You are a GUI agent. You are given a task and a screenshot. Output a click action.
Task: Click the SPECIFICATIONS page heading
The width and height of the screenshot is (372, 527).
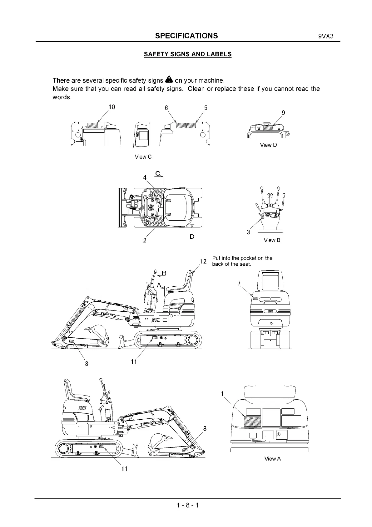point(186,35)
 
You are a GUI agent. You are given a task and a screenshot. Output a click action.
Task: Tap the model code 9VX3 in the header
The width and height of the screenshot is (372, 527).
point(326,36)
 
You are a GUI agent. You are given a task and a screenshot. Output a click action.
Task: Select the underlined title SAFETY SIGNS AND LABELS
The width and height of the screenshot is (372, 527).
point(187,54)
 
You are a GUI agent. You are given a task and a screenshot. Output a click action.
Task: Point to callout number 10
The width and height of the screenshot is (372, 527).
point(112,107)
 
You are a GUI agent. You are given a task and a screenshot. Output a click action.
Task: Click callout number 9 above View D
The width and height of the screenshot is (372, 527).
point(283,113)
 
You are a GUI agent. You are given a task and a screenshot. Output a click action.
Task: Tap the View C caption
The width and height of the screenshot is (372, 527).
point(143,157)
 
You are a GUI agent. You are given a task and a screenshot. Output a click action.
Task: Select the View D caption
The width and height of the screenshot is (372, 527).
point(268,145)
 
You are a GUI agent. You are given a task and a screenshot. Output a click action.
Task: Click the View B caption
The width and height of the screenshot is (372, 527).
point(272,240)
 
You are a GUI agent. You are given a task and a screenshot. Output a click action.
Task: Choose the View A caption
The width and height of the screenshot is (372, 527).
point(272,459)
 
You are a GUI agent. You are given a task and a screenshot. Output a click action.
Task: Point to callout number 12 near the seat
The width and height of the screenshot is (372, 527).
point(203,261)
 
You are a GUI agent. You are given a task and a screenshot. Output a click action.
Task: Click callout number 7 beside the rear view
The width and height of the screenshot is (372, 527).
point(239,283)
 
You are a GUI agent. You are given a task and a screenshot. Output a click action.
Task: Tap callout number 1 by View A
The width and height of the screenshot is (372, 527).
point(222,394)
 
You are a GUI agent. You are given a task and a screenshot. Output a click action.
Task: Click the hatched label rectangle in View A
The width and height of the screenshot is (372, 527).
point(252,422)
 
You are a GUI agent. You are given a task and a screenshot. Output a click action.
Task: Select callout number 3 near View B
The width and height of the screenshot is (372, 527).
point(248,232)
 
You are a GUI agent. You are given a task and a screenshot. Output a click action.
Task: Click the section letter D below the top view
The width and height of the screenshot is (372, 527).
point(192,237)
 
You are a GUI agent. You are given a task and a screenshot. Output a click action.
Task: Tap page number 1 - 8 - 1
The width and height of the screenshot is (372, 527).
point(187,505)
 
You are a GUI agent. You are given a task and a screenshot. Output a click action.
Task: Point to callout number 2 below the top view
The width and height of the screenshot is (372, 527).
point(145,240)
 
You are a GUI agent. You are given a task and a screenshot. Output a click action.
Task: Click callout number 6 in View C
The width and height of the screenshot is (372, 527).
point(166,108)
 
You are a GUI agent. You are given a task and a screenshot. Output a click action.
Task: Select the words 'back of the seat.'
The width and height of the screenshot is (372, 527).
point(232,264)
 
